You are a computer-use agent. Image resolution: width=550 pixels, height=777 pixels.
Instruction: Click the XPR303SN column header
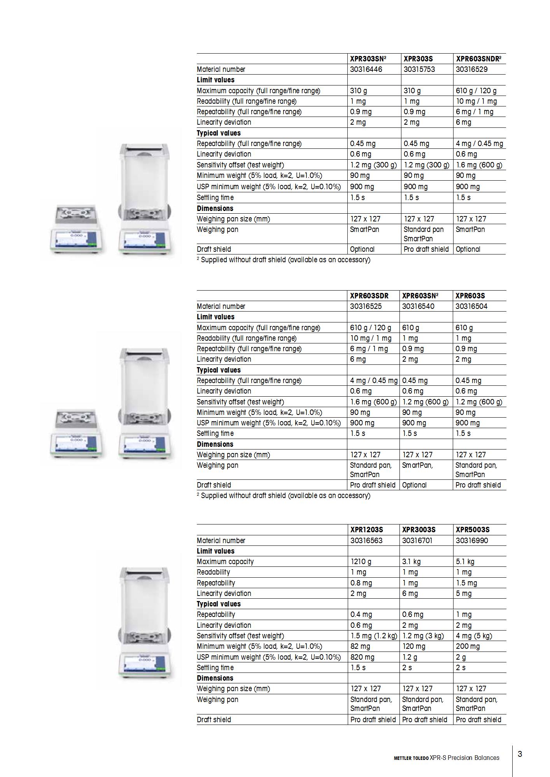[368, 59]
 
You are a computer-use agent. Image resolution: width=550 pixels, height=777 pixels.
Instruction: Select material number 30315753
[419, 70]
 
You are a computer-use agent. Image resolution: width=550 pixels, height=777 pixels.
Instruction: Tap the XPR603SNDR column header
[478, 59]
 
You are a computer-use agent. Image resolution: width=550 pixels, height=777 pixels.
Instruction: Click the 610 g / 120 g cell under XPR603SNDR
[476, 91]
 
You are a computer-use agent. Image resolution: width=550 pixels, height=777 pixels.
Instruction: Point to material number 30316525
[366, 307]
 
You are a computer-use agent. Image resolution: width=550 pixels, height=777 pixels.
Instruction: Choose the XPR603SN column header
[420, 296]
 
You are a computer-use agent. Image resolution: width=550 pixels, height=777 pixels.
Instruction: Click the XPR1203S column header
[366, 530]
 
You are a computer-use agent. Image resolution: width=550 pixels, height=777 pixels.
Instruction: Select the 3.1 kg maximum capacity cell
[411, 562]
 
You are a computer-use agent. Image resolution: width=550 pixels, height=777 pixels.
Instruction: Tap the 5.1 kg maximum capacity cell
[465, 562]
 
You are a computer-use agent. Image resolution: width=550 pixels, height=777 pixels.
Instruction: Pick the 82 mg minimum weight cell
[360, 646]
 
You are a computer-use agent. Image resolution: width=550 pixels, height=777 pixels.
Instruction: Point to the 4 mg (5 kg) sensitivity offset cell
[474, 636]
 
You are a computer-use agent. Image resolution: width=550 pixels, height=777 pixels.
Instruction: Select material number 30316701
[417, 541]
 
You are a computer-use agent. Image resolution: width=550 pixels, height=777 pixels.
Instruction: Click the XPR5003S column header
[473, 530]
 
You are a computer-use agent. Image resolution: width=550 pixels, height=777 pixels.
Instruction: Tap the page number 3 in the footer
[520, 754]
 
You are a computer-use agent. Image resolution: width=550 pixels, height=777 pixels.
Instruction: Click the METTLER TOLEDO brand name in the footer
[411, 758]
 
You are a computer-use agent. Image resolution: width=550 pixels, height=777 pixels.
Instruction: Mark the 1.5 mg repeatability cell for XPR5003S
[466, 583]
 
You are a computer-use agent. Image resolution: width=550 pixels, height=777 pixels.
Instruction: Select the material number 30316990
[472, 541]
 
